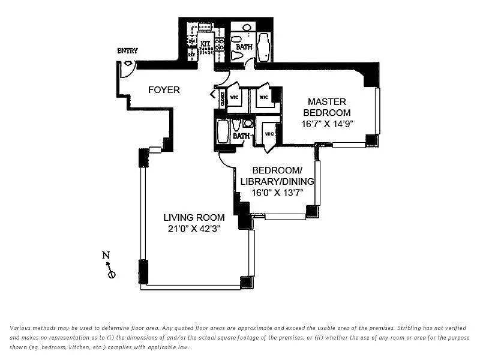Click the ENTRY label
(127, 50)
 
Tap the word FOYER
(164, 90)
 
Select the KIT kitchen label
(205, 43)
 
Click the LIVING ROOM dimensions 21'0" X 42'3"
(194, 229)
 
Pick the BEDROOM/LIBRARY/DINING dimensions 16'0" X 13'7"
(277, 193)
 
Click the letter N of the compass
(106, 255)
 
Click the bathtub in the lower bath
(223, 131)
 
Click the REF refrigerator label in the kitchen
(192, 54)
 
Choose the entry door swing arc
(128, 68)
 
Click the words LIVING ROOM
(194, 217)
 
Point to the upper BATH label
(244, 46)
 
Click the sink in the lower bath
(248, 124)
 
